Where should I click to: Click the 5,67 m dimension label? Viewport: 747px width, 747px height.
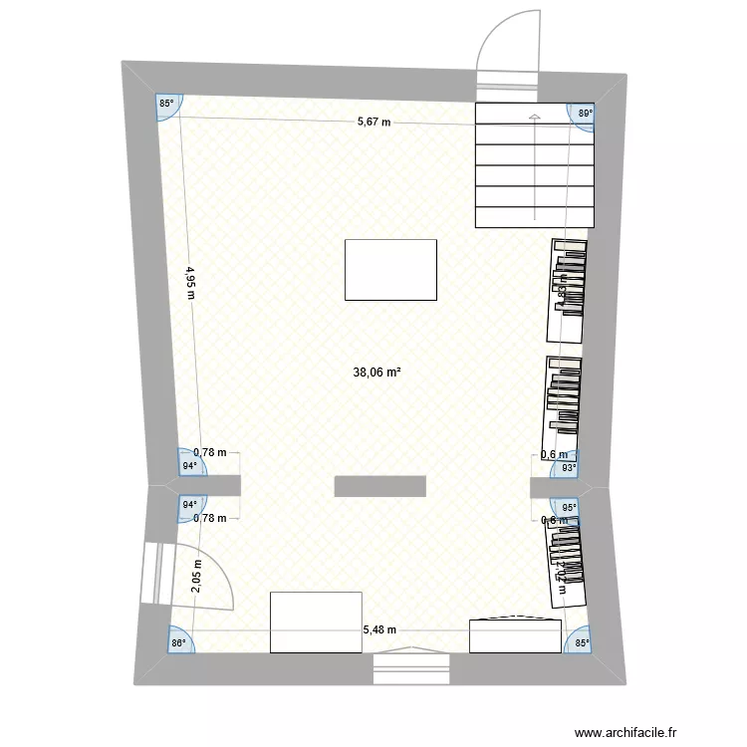click(373, 123)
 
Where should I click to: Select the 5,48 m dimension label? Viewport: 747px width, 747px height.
click(378, 629)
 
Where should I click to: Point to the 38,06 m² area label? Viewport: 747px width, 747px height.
click(376, 373)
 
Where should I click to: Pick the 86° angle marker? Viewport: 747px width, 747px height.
click(178, 643)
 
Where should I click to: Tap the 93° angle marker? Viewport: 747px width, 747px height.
click(569, 467)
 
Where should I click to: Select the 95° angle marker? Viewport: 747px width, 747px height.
click(569, 506)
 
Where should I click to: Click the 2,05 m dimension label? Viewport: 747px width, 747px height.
click(196, 575)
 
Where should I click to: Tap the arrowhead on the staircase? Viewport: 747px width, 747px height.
click(534, 119)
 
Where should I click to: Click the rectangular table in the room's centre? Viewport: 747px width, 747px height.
click(390, 269)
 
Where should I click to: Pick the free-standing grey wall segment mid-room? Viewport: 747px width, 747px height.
click(379, 486)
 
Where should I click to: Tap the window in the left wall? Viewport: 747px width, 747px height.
click(152, 573)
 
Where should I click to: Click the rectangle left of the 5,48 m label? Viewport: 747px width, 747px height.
click(315, 622)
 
